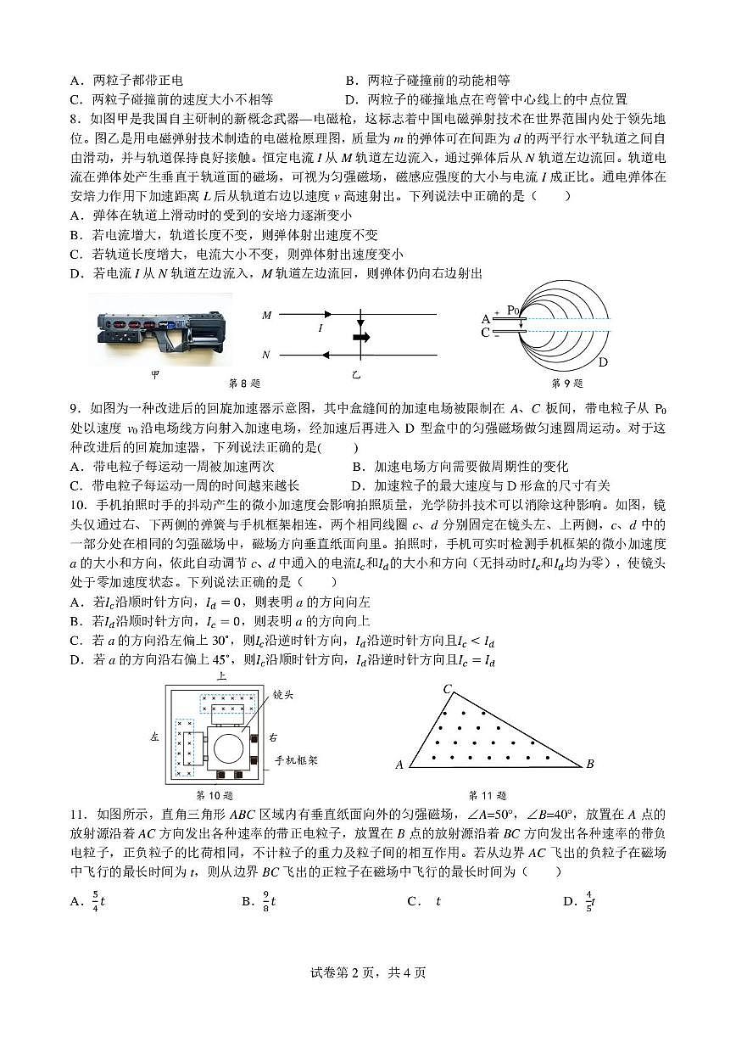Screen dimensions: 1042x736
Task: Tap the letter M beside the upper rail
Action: (x=267, y=315)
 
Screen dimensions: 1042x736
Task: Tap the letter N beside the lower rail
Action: (x=267, y=355)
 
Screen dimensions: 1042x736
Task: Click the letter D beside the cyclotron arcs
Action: (x=603, y=362)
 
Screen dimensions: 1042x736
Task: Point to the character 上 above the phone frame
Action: (x=221, y=677)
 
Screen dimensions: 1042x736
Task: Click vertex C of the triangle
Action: (x=447, y=688)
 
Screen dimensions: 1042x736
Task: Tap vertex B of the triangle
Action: (x=590, y=765)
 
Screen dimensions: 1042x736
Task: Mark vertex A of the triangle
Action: (x=399, y=765)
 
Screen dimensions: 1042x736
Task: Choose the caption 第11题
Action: (x=488, y=796)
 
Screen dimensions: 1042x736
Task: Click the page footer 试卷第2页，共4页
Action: (x=367, y=972)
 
